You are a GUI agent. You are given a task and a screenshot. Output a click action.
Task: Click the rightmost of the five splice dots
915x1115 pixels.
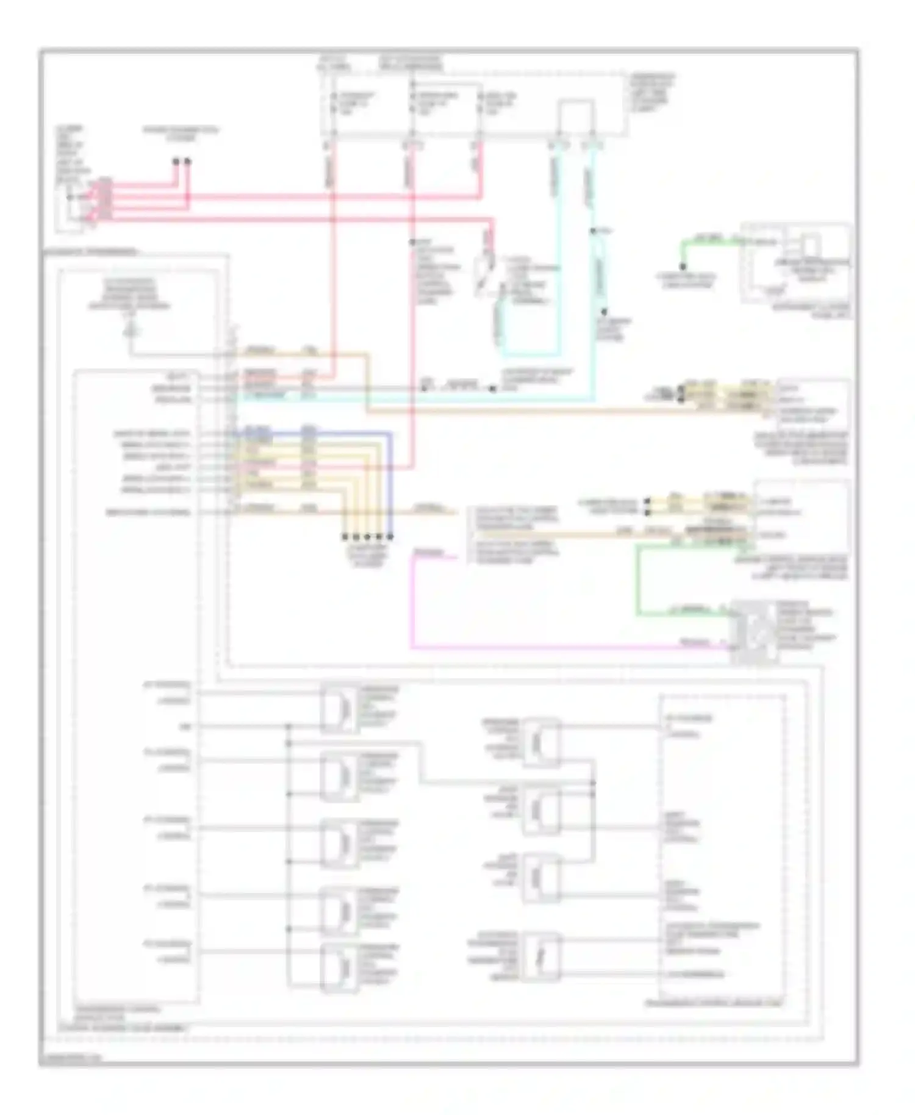(x=390, y=537)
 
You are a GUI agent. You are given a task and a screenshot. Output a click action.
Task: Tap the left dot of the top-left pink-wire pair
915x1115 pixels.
(x=176, y=162)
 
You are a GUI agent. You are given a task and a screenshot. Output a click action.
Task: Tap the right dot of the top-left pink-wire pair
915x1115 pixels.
(x=188, y=162)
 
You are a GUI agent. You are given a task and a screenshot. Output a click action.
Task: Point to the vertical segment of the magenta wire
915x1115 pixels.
(x=412, y=601)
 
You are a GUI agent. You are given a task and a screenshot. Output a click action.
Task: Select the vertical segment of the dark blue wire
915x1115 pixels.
(x=391, y=482)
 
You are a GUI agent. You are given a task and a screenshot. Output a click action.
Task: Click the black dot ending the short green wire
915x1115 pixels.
(x=683, y=267)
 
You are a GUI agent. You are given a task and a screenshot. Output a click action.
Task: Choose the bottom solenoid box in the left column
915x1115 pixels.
(x=339, y=967)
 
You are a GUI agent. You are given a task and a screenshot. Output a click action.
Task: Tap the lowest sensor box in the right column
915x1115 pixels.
(x=540, y=956)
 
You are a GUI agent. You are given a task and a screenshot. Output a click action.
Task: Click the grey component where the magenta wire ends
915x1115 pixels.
(x=755, y=632)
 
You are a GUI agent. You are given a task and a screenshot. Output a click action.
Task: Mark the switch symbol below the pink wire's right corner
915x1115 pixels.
(x=486, y=274)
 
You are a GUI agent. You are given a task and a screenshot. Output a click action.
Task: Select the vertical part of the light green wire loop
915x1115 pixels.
(x=638, y=579)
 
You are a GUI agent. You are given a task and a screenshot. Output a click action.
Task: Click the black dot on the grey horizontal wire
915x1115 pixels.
(x=493, y=389)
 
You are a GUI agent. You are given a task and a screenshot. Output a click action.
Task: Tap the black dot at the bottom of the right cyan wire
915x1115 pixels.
(x=605, y=312)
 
